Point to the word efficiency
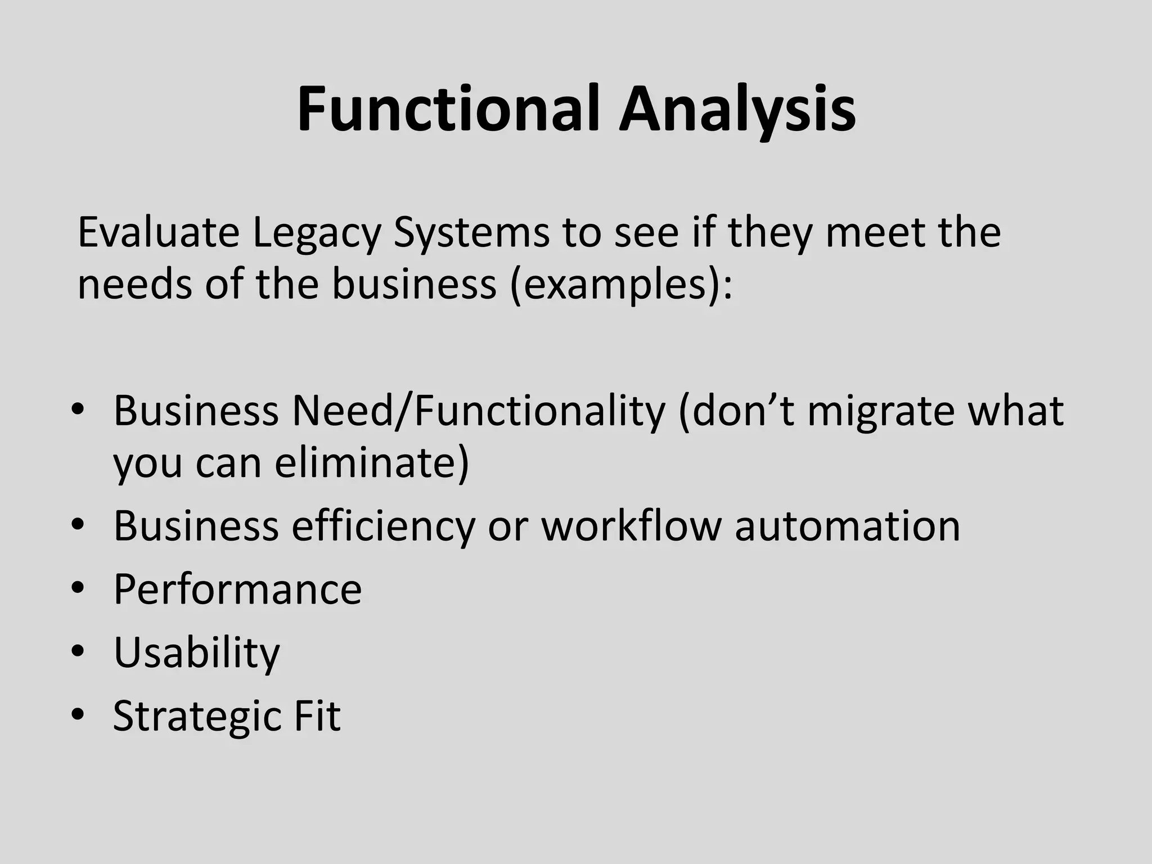pos(382,527)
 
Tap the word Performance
pos(237,589)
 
